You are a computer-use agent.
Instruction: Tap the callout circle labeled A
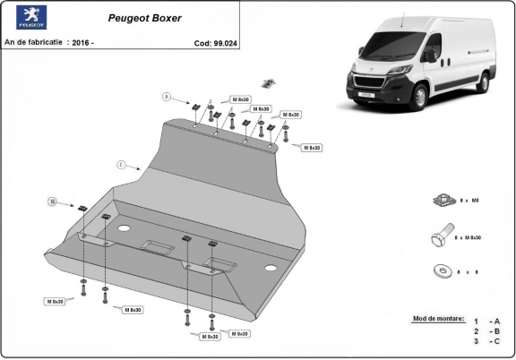pos(166,96)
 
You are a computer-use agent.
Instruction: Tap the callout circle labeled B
pos(52,201)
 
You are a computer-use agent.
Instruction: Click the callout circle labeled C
pos(120,164)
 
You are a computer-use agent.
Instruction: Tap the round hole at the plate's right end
pos(270,268)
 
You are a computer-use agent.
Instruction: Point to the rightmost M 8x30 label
pos(311,147)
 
